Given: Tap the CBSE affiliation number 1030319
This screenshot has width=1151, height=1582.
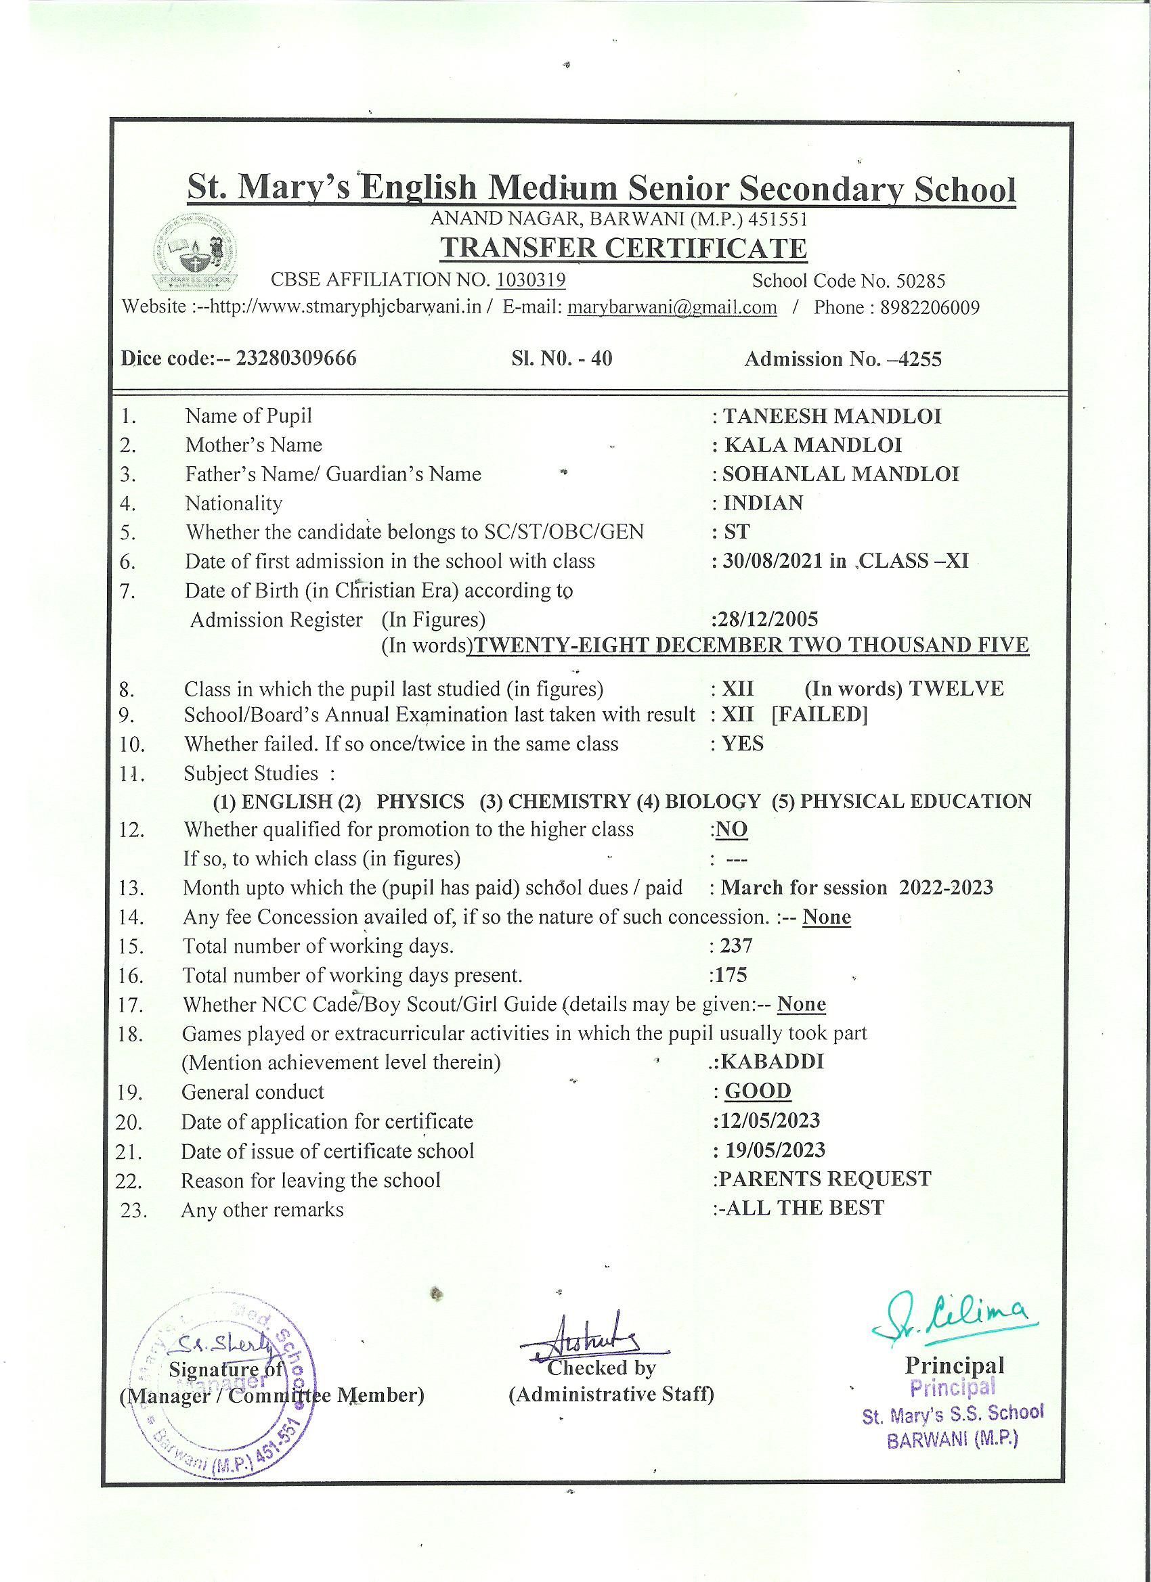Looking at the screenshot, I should [531, 280].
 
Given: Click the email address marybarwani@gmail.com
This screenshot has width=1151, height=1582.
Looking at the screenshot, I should [672, 308].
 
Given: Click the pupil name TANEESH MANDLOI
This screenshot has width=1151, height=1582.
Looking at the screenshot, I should [832, 416].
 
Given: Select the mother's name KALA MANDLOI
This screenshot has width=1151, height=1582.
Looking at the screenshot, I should [812, 445].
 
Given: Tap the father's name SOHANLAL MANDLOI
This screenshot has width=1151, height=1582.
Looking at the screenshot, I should [840, 474].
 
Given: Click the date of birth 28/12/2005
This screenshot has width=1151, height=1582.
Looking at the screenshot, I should [767, 619].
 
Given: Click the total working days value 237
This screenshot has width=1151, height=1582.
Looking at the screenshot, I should [737, 946].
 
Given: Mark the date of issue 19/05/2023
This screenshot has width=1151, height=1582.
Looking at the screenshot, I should [775, 1150].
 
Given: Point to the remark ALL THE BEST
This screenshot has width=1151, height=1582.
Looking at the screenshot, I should [805, 1208].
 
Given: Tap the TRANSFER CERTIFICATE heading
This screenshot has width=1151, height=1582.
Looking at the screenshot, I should [624, 248].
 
